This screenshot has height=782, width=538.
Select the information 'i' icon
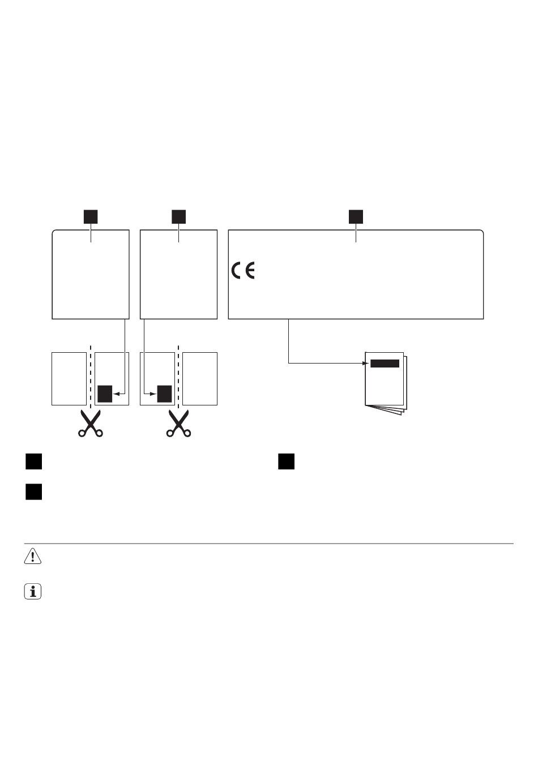(33, 592)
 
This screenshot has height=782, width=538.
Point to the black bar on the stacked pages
(385, 364)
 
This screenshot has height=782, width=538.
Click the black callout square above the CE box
(356, 216)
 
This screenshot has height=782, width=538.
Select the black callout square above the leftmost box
(91, 216)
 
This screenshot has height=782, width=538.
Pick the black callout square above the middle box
(179, 216)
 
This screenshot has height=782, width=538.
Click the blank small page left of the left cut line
(69, 379)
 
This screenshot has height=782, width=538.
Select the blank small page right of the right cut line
(200, 379)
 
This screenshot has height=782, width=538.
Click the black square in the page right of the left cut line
(105, 393)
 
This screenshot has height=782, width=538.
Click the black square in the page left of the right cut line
(164, 393)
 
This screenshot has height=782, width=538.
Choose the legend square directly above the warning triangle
(33, 491)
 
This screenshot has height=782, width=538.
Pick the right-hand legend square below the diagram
(287, 461)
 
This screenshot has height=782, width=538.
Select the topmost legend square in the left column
(33, 461)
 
